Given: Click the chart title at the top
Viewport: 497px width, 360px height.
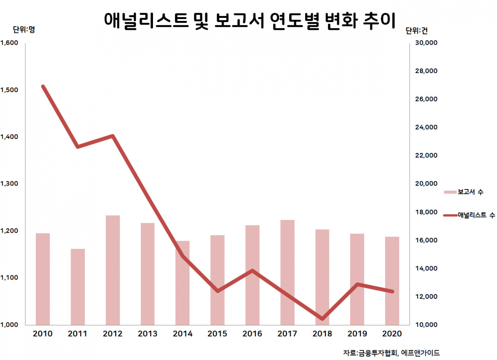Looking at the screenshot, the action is pyautogui.click(x=250, y=21).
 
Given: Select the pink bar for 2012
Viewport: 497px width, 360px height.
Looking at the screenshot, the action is pyautogui.click(x=113, y=270).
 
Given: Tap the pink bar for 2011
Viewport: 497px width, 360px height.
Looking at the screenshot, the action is pyautogui.click(x=78, y=287).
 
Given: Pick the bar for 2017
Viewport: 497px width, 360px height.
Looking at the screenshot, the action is pyautogui.click(x=287, y=273).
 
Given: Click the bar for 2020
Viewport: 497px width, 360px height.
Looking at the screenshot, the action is pyautogui.click(x=392, y=281).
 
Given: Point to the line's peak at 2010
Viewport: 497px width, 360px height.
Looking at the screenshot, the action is pyautogui.click(x=43, y=87).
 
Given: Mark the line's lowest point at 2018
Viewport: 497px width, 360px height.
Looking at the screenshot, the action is pyautogui.click(x=322, y=319).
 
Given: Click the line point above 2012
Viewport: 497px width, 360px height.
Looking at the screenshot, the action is pyautogui.click(x=113, y=136).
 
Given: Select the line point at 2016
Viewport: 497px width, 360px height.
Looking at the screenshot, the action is pyautogui.click(x=252, y=271).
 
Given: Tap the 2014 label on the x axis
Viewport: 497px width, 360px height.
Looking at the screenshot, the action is pyautogui.click(x=182, y=334).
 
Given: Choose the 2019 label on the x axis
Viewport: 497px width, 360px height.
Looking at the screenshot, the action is pyautogui.click(x=357, y=334).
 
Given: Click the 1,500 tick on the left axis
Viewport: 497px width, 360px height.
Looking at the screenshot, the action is pyautogui.click(x=9, y=90).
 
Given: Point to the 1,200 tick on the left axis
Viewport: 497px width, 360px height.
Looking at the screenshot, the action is pyautogui.click(x=9, y=231).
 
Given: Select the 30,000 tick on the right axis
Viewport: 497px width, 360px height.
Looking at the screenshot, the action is pyautogui.click(x=426, y=43).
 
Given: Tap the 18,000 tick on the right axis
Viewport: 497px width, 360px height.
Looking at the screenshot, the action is pyautogui.click(x=426, y=212).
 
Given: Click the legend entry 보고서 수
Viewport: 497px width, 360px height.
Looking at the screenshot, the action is pyautogui.click(x=464, y=192).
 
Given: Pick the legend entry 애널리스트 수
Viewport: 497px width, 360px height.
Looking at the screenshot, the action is pyautogui.click(x=469, y=215).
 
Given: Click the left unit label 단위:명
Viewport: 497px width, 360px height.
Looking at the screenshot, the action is pyautogui.click(x=24, y=30).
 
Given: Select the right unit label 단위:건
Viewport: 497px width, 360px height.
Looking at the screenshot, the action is pyautogui.click(x=417, y=31).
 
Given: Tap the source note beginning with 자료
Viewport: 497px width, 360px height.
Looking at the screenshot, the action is pyautogui.click(x=391, y=353).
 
